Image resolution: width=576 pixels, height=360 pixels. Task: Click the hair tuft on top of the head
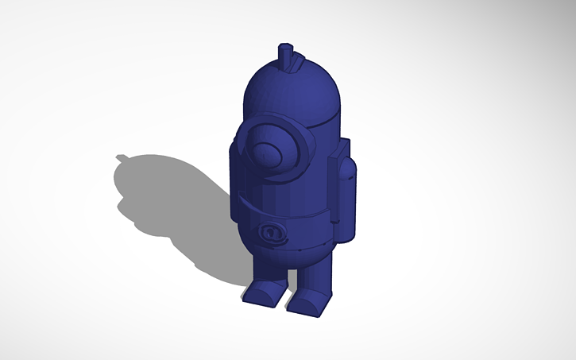(x=288, y=56)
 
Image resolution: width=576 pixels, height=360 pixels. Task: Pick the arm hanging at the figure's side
(x=342, y=195)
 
